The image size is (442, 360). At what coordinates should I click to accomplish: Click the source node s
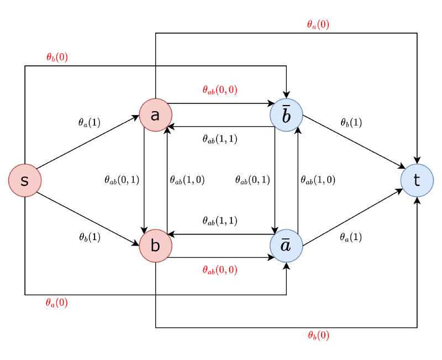[x=25, y=180]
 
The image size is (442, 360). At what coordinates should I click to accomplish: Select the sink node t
[x=417, y=180]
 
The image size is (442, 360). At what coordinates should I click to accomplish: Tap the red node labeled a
[x=155, y=115]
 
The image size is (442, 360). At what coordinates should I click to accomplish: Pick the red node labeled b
[x=155, y=246]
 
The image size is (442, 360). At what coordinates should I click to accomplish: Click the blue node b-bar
[x=286, y=115]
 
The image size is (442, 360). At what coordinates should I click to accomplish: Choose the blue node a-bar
[x=286, y=246]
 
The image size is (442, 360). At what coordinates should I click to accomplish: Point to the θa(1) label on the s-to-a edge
[x=90, y=123]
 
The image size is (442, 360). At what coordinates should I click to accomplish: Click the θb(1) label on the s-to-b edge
[x=90, y=237]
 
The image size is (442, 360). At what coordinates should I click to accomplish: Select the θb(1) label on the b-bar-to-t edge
[x=351, y=123]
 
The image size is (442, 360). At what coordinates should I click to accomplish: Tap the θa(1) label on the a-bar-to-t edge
[x=351, y=237]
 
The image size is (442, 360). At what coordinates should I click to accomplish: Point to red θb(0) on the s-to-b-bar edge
[x=57, y=56]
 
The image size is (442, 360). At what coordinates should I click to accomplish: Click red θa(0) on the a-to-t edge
[x=318, y=24]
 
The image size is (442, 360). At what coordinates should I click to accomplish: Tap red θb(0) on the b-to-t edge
[x=318, y=336]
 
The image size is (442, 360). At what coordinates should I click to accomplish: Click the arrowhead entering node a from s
[x=136, y=117]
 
